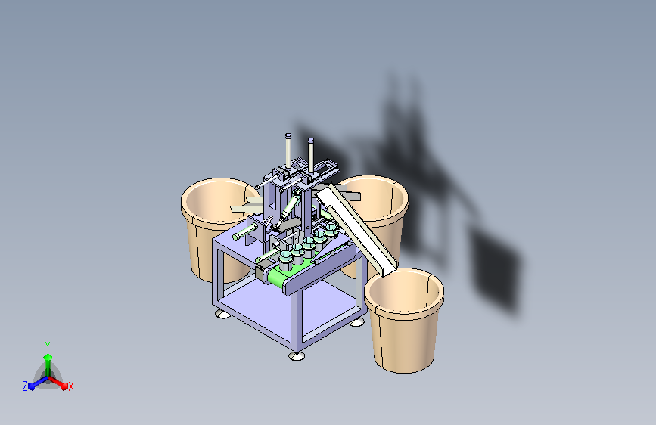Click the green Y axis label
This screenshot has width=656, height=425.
[47, 344]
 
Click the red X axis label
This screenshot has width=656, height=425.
[71, 387]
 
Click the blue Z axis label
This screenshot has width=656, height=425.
[25, 386]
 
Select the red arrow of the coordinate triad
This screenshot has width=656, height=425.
[61, 383]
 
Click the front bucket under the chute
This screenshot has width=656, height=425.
[404, 325]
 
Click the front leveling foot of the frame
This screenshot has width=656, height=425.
[295, 355]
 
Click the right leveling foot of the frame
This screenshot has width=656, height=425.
[356, 322]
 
